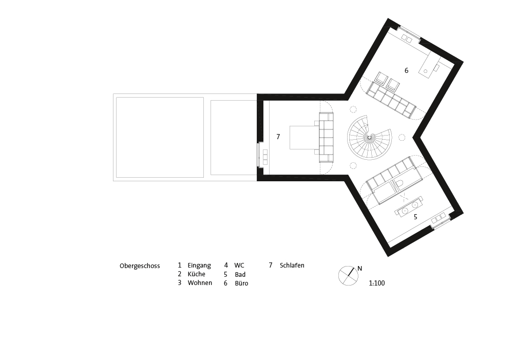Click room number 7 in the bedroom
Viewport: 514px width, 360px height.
tap(278, 137)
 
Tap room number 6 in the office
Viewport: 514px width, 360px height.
tap(407, 70)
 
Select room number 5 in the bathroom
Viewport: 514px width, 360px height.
tap(415, 217)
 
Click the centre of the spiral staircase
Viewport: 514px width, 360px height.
tap(369, 137)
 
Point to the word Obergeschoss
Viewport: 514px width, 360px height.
tap(140, 266)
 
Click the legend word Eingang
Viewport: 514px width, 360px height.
tap(199, 266)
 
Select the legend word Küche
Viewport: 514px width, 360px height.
tap(196, 274)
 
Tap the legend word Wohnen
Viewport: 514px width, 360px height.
tap(200, 282)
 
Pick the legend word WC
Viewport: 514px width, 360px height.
tap(239, 266)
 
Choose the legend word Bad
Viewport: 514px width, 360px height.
tap(240, 275)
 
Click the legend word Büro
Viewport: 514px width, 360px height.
tap(241, 283)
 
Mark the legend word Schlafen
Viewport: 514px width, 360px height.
tap(292, 266)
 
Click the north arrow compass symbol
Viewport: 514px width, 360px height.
tap(348, 275)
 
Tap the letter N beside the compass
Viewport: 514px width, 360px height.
tap(359, 269)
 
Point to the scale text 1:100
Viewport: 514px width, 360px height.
tap(377, 283)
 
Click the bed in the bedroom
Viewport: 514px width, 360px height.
tap(304, 138)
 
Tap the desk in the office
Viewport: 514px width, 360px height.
tap(429, 65)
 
